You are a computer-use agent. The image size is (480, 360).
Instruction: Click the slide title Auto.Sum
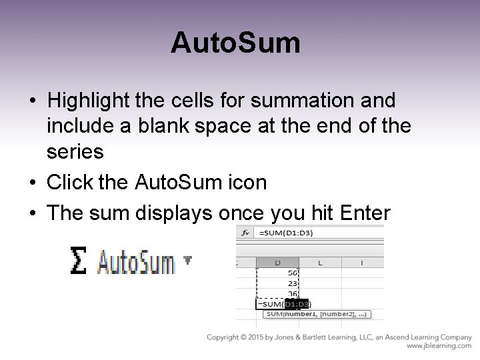[x=235, y=43]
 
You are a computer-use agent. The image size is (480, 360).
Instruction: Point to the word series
[x=75, y=152]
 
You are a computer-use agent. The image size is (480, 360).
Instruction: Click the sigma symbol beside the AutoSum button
[x=79, y=261]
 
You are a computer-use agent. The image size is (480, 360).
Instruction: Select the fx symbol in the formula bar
[x=247, y=233]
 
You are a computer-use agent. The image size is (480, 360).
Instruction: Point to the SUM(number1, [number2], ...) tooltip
[x=318, y=314]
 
